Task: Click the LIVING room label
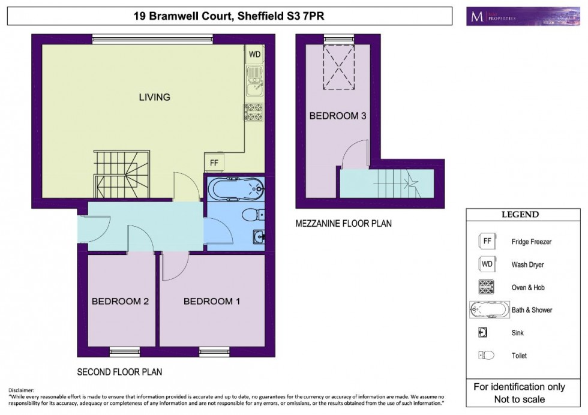point(154,97)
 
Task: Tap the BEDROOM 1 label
point(212,302)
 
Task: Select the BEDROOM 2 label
point(120,302)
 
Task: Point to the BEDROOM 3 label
point(337,116)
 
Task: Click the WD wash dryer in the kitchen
point(255,55)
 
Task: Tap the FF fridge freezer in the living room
point(213,163)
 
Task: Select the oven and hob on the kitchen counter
point(253,112)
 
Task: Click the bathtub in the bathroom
point(235,190)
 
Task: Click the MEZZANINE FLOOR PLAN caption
point(343,224)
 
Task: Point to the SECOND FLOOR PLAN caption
point(119,372)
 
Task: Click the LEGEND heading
point(520,215)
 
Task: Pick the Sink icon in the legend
point(482,333)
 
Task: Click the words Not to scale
point(519,399)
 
